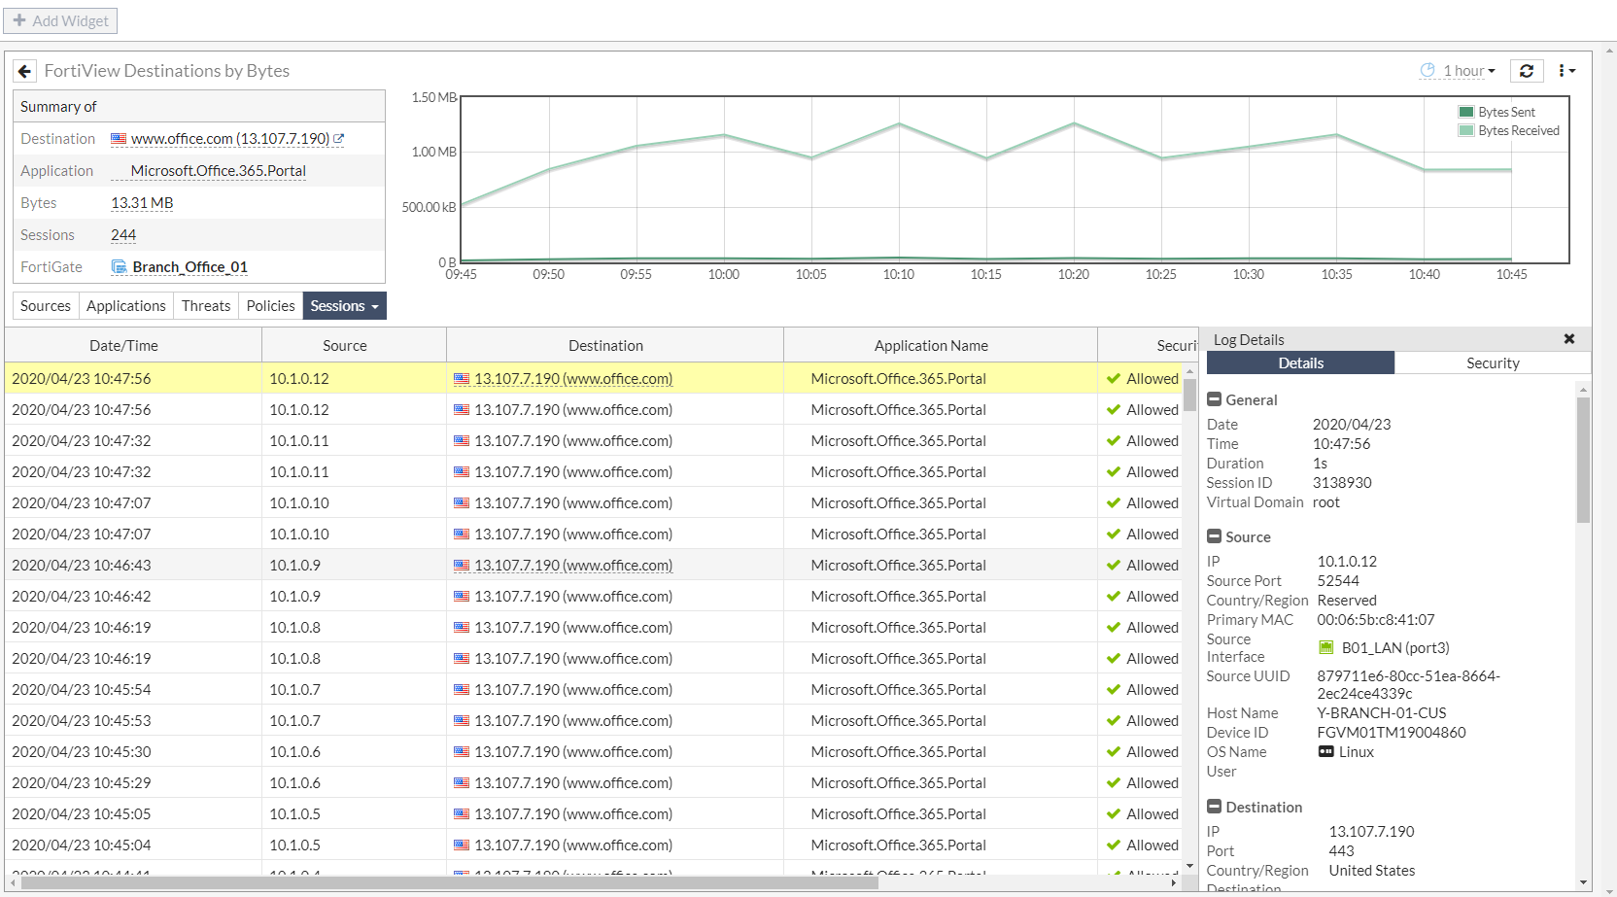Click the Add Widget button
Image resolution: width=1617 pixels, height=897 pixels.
(x=60, y=20)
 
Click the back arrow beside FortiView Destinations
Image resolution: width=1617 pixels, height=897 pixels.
(x=25, y=71)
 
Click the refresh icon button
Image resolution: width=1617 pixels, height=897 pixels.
(x=1527, y=71)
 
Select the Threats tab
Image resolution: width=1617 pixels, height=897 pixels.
(x=206, y=306)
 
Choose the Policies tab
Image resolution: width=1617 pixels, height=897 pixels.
(x=270, y=306)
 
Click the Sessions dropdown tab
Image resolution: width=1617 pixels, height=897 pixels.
(x=344, y=306)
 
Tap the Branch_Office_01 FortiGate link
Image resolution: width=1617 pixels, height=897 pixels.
(x=189, y=267)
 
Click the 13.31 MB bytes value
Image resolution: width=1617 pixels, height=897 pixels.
(x=142, y=203)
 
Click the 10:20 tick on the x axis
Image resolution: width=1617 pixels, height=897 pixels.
(x=1074, y=275)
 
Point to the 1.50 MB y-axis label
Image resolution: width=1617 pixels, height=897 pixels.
(x=433, y=97)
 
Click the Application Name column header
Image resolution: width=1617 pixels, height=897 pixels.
(x=931, y=346)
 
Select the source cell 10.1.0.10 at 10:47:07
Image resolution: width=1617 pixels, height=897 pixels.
(x=299, y=503)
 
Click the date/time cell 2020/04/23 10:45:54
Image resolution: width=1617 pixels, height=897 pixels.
(x=82, y=690)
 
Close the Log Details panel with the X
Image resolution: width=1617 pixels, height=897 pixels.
(x=1568, y=339)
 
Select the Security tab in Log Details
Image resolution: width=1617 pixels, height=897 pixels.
(x=1493, y=363)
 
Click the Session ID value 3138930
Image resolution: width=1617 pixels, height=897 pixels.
(x=1342, y=483)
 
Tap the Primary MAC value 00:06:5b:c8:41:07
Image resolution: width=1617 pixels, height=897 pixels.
(x=1375, y=620)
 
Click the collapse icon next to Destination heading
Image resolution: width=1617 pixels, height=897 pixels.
(x=1214, y=807)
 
